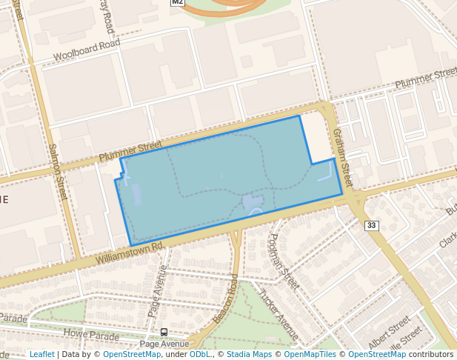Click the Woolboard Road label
[87, 50]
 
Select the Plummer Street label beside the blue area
[130, 151]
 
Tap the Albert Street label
[389, 326]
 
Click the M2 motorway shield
[177, 2]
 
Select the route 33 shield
[371, 225]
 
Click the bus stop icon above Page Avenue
[164, 333]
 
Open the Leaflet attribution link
[41, 354]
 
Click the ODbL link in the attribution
[200, 354]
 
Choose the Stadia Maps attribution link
[249, 354]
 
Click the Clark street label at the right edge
[447, 239]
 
